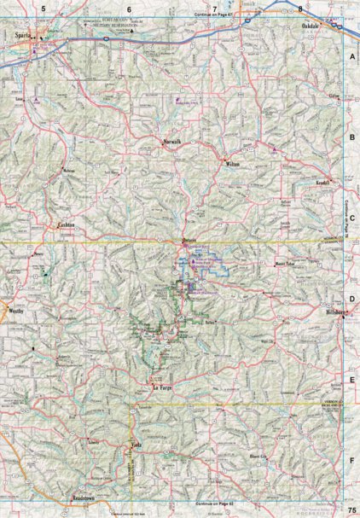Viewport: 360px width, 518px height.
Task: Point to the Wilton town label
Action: tap(234, 162)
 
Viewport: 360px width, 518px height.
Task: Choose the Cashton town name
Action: tap(67, 225)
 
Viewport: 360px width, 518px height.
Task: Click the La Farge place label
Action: tap(162, 387)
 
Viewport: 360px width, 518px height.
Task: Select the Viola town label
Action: tap(136, 445)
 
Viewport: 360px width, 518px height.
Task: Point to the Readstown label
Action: tap(82, 497)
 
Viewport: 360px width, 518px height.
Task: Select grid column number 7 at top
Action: tap(215, 8)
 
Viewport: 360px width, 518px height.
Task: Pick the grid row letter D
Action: tap(351, 300)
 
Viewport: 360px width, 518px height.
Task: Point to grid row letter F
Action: tap(351, 459)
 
